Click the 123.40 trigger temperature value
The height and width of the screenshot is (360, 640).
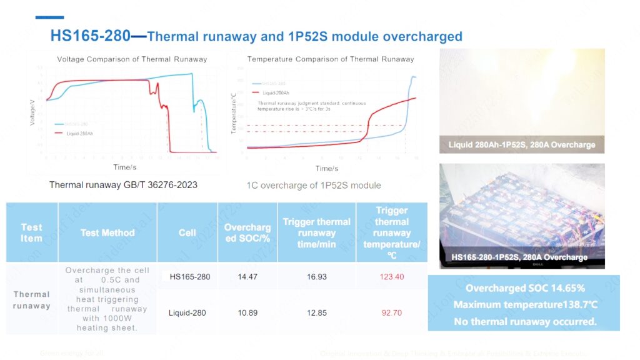(392, 277)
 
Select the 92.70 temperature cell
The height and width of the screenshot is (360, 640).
(392, 312)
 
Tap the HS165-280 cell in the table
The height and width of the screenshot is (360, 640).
(190, 277)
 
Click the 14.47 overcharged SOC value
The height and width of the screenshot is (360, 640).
(248, 277)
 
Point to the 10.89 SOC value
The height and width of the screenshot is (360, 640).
(248, 312)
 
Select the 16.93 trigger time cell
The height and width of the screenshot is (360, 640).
(317, 277)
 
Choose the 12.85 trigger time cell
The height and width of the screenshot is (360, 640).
(317, 312)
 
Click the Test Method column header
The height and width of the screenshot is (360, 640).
(107, 232)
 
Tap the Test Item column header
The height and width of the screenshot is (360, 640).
(31, 232)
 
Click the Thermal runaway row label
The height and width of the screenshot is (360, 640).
(31, 300)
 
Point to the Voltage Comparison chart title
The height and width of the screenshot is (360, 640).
(132, 59)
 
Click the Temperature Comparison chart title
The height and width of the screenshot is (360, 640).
(331, 59)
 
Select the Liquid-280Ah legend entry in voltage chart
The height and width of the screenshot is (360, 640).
(81, 133)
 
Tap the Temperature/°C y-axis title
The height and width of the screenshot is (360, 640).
(234, 112)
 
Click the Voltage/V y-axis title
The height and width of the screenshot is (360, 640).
(32, 112)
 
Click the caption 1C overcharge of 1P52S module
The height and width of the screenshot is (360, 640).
(314, 185)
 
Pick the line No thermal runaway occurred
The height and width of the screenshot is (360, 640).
(524, 322)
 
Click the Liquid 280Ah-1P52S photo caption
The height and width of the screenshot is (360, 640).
(522, 145)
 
